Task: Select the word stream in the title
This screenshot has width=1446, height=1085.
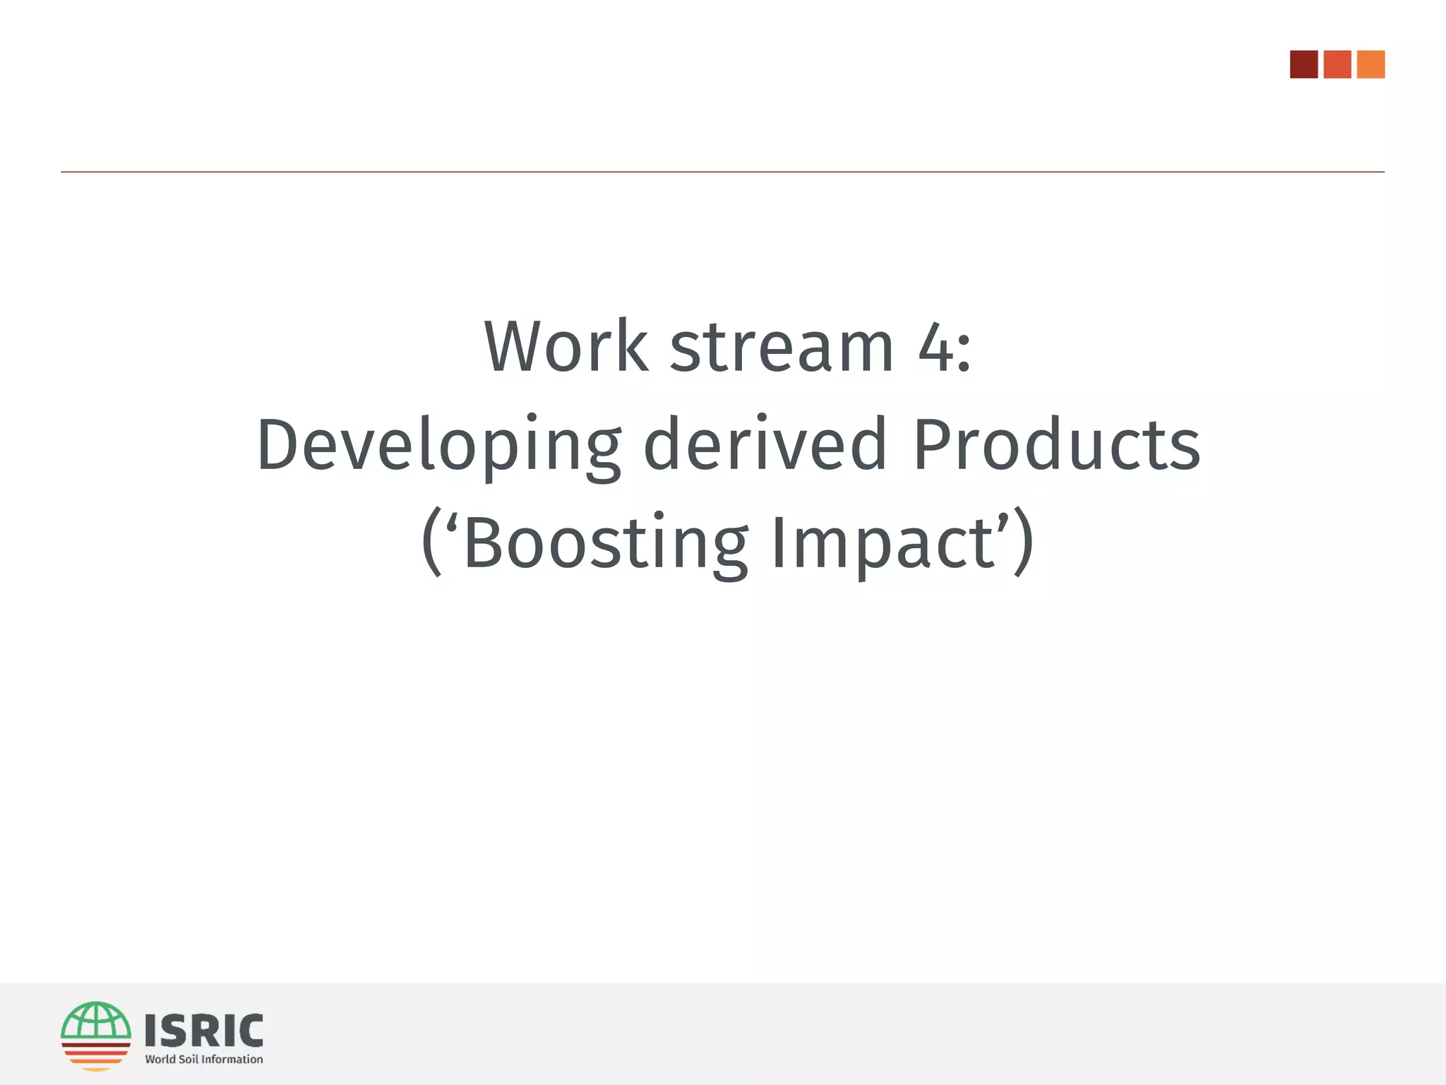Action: (781, 348)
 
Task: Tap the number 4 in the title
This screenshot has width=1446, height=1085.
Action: (936, 348)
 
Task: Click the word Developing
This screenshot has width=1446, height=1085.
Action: (438, 446)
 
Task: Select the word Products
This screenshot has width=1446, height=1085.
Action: (1056, 444)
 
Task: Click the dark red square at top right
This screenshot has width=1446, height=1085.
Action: (1303, 64)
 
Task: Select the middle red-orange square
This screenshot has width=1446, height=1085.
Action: (1337, 64)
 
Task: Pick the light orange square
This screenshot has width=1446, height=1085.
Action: (1370, 64)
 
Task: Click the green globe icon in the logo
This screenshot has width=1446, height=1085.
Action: (96, 1021)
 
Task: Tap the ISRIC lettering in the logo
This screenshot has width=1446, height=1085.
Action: (204, 1031)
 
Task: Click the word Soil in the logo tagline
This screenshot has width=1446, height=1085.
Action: (189, 1060)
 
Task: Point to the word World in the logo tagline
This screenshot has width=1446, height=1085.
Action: (160, 1060)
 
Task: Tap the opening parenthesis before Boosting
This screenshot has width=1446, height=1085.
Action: (431, 542)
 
